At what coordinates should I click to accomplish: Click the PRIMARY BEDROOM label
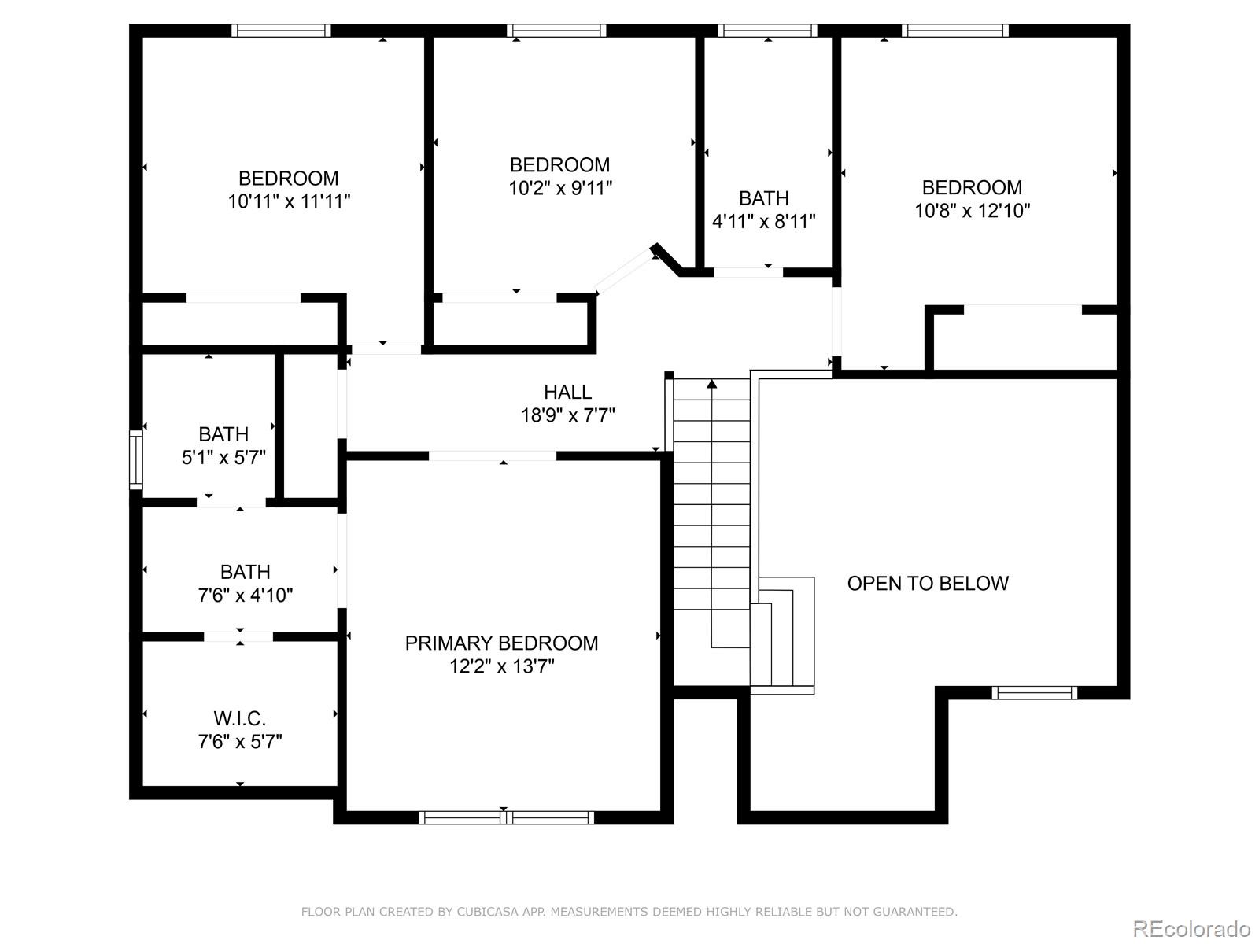[x=501, y=643]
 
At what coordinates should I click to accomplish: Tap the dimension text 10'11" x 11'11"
[x=289, y=201]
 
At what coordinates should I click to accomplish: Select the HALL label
[x=567, y=392]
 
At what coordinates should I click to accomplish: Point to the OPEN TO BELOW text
[x=928, y=583]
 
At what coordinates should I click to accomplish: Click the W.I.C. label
[x=239, y=718]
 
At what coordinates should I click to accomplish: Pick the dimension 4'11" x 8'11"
[x=763, y=222]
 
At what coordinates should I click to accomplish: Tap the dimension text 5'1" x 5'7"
[x=223, y=457]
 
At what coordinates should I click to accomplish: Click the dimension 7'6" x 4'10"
[x=245, y=595]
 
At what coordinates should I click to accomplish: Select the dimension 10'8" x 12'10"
[x=972, y=211]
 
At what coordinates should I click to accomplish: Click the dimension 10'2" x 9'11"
[x=559, y=188]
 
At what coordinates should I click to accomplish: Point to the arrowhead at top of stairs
[x=712, y=384]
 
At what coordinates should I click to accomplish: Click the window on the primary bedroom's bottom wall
[x=506, y=818]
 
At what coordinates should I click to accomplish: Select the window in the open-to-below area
[x=1033, y=693]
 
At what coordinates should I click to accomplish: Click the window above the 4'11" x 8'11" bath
[x=767, y=31]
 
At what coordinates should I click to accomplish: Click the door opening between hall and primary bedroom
[x=493, y=455]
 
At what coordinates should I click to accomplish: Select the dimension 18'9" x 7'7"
[x=567, y=415]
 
